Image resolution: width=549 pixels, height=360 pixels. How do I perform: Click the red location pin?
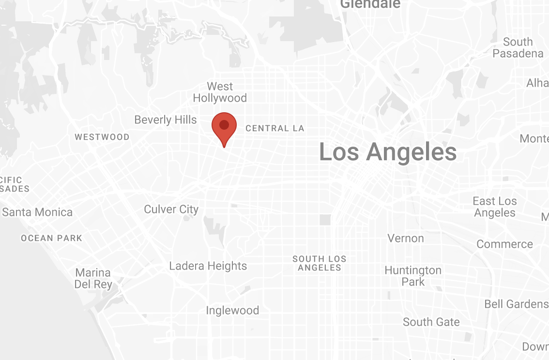(x=224, y=126)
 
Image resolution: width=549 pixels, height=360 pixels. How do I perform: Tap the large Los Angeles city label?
(x=388, y=152)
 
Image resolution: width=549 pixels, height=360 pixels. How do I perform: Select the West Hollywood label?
(x=220, y=92)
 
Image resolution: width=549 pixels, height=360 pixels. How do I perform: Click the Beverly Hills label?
(x=166, y=120)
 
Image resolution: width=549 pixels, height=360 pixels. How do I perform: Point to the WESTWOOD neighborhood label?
(x=102, y=137)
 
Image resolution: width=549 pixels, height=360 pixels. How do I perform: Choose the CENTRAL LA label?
(x=274, y=128)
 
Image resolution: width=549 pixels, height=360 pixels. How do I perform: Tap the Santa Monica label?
(x=37, y=212)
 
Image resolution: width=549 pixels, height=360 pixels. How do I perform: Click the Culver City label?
(x=171, y=209)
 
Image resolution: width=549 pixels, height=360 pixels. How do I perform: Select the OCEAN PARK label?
(x=52, y=238)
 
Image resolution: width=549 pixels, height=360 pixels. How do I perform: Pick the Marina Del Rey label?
(x=93, y=278)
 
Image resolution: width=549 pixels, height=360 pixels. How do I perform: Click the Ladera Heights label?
(x=208, y=266)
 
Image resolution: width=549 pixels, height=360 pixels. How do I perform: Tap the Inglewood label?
(x=232, y=310)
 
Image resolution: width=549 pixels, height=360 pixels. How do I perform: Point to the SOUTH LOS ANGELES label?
(x=320, y=263)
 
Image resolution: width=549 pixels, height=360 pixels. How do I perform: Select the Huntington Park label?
(x=413, y=276)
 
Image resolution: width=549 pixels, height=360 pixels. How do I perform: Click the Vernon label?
(x=406, y=238)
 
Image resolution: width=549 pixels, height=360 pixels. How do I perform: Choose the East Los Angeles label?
(x=495, y=207)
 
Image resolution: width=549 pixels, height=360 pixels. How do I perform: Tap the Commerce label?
(x=504, y=244)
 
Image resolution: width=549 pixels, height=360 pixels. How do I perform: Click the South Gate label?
(x=431, y=322)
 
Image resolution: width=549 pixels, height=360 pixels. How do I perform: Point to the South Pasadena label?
(x=518, y=47)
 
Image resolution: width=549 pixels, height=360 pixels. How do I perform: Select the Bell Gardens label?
(x=516, y=304)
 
